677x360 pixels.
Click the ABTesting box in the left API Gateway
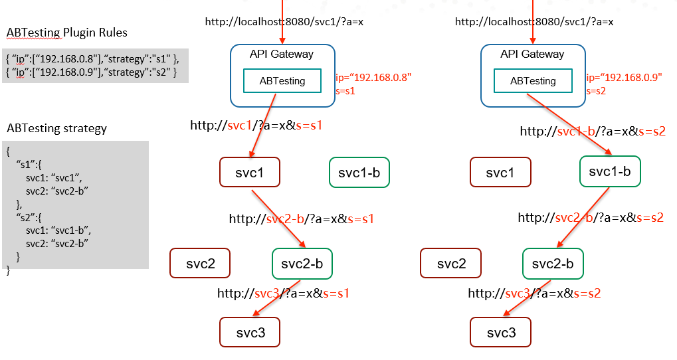[x=282, y=81]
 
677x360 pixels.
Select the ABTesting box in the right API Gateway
[x=533, y=81]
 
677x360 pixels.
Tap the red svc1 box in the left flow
[x=250, y=172]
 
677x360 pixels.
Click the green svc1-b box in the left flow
[x=359, y=172]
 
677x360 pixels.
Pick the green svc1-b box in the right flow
[x=610, y=171]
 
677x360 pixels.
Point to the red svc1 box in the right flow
[x=500, y=172]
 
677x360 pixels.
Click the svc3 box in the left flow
[x=250, y=332]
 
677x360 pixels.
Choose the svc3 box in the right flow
[x=500, y=332]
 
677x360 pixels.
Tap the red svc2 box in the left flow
[x=200, y=263]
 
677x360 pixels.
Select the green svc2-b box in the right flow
[x=553, y=263]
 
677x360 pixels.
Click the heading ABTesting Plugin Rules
[x=67, y=33]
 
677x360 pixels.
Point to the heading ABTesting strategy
[x=57, y=129]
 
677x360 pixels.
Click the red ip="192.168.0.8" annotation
[x=373, y=77]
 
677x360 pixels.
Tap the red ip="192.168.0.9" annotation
[x=625, y=77]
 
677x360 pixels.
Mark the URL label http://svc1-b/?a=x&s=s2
[x=593, y=132]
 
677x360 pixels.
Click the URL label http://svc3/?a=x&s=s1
[x=283, y=294]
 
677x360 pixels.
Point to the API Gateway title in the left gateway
[x=282, y=54]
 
